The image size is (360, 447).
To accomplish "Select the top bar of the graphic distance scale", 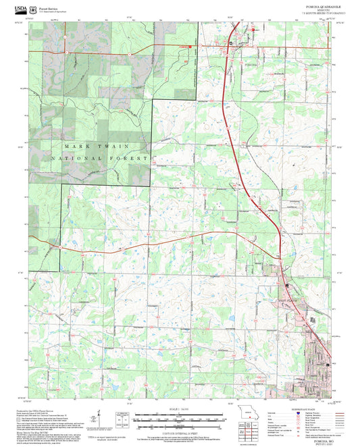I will click(x=180, y=417).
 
